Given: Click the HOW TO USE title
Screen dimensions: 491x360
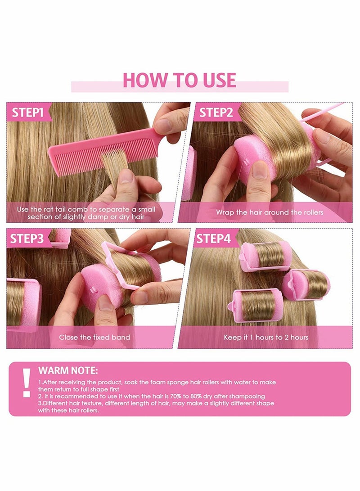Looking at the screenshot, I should pyautogui.click(x=179, y=80).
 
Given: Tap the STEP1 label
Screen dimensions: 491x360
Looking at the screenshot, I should pyautogui.click(x=28, y=112).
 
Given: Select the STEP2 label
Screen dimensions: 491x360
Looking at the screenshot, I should pyautogui.click(x=216, y=113).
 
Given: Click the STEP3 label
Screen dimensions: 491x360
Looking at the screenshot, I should pyautogui.click(x=28, y=239).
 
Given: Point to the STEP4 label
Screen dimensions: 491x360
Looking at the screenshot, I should pyautogui.click(x=215, y=239).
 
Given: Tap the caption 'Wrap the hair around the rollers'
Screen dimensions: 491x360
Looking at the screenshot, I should pyautogui.click(x=269, y=212).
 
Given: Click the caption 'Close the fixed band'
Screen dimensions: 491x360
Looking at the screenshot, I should pyautogui.click(x=94, y=337).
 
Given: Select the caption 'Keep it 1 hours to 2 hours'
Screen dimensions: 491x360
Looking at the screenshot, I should pyautogui.click(x=266, y=337).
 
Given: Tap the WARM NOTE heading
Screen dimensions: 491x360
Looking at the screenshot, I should pyautogui.click(x=68, y=371).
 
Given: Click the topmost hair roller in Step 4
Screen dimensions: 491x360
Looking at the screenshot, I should pyautogui.click(x=265, y=256).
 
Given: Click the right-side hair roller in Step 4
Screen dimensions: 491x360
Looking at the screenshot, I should pyautogui.click(x=306, y=284).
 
